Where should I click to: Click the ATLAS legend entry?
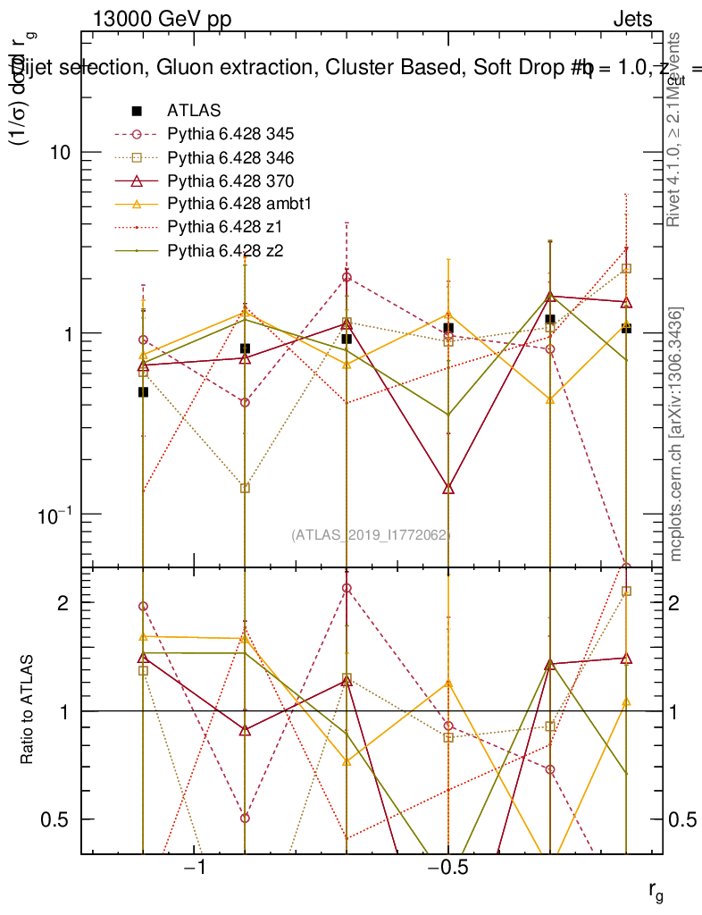(194, 111)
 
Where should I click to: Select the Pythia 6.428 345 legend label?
(230, 134)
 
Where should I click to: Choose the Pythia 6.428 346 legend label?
(230, 157)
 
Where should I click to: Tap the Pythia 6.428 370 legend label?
(230, 180)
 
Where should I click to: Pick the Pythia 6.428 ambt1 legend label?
(236, 204)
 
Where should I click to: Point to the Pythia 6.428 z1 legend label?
(223, 227)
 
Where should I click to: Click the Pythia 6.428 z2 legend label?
(223, 250)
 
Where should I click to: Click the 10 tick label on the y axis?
(60, 152)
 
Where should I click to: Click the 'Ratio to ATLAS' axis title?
(28, 710)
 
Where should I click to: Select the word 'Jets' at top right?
(631, 20)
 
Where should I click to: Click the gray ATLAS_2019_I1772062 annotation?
(370, 534)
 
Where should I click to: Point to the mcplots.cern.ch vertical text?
(676, 435)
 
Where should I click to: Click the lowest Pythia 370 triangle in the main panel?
(448, 488)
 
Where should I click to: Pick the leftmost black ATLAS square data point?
(143, 392)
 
